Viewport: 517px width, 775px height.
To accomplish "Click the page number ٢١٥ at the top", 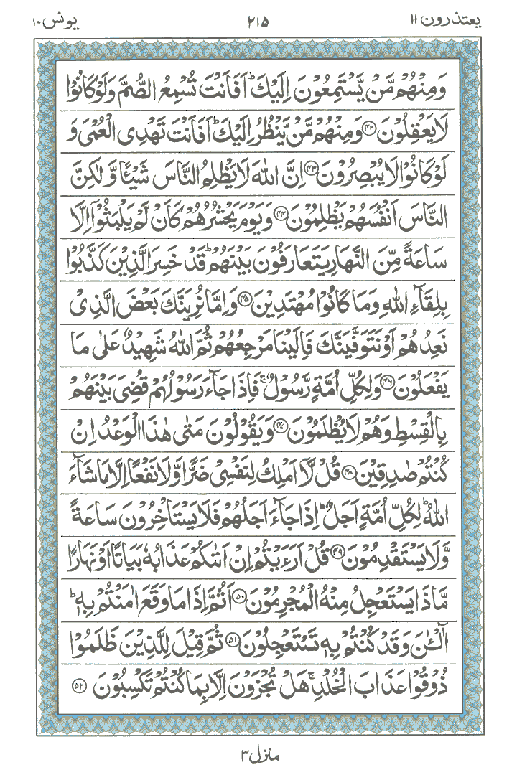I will pyautogui.click(x=258, y=20).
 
